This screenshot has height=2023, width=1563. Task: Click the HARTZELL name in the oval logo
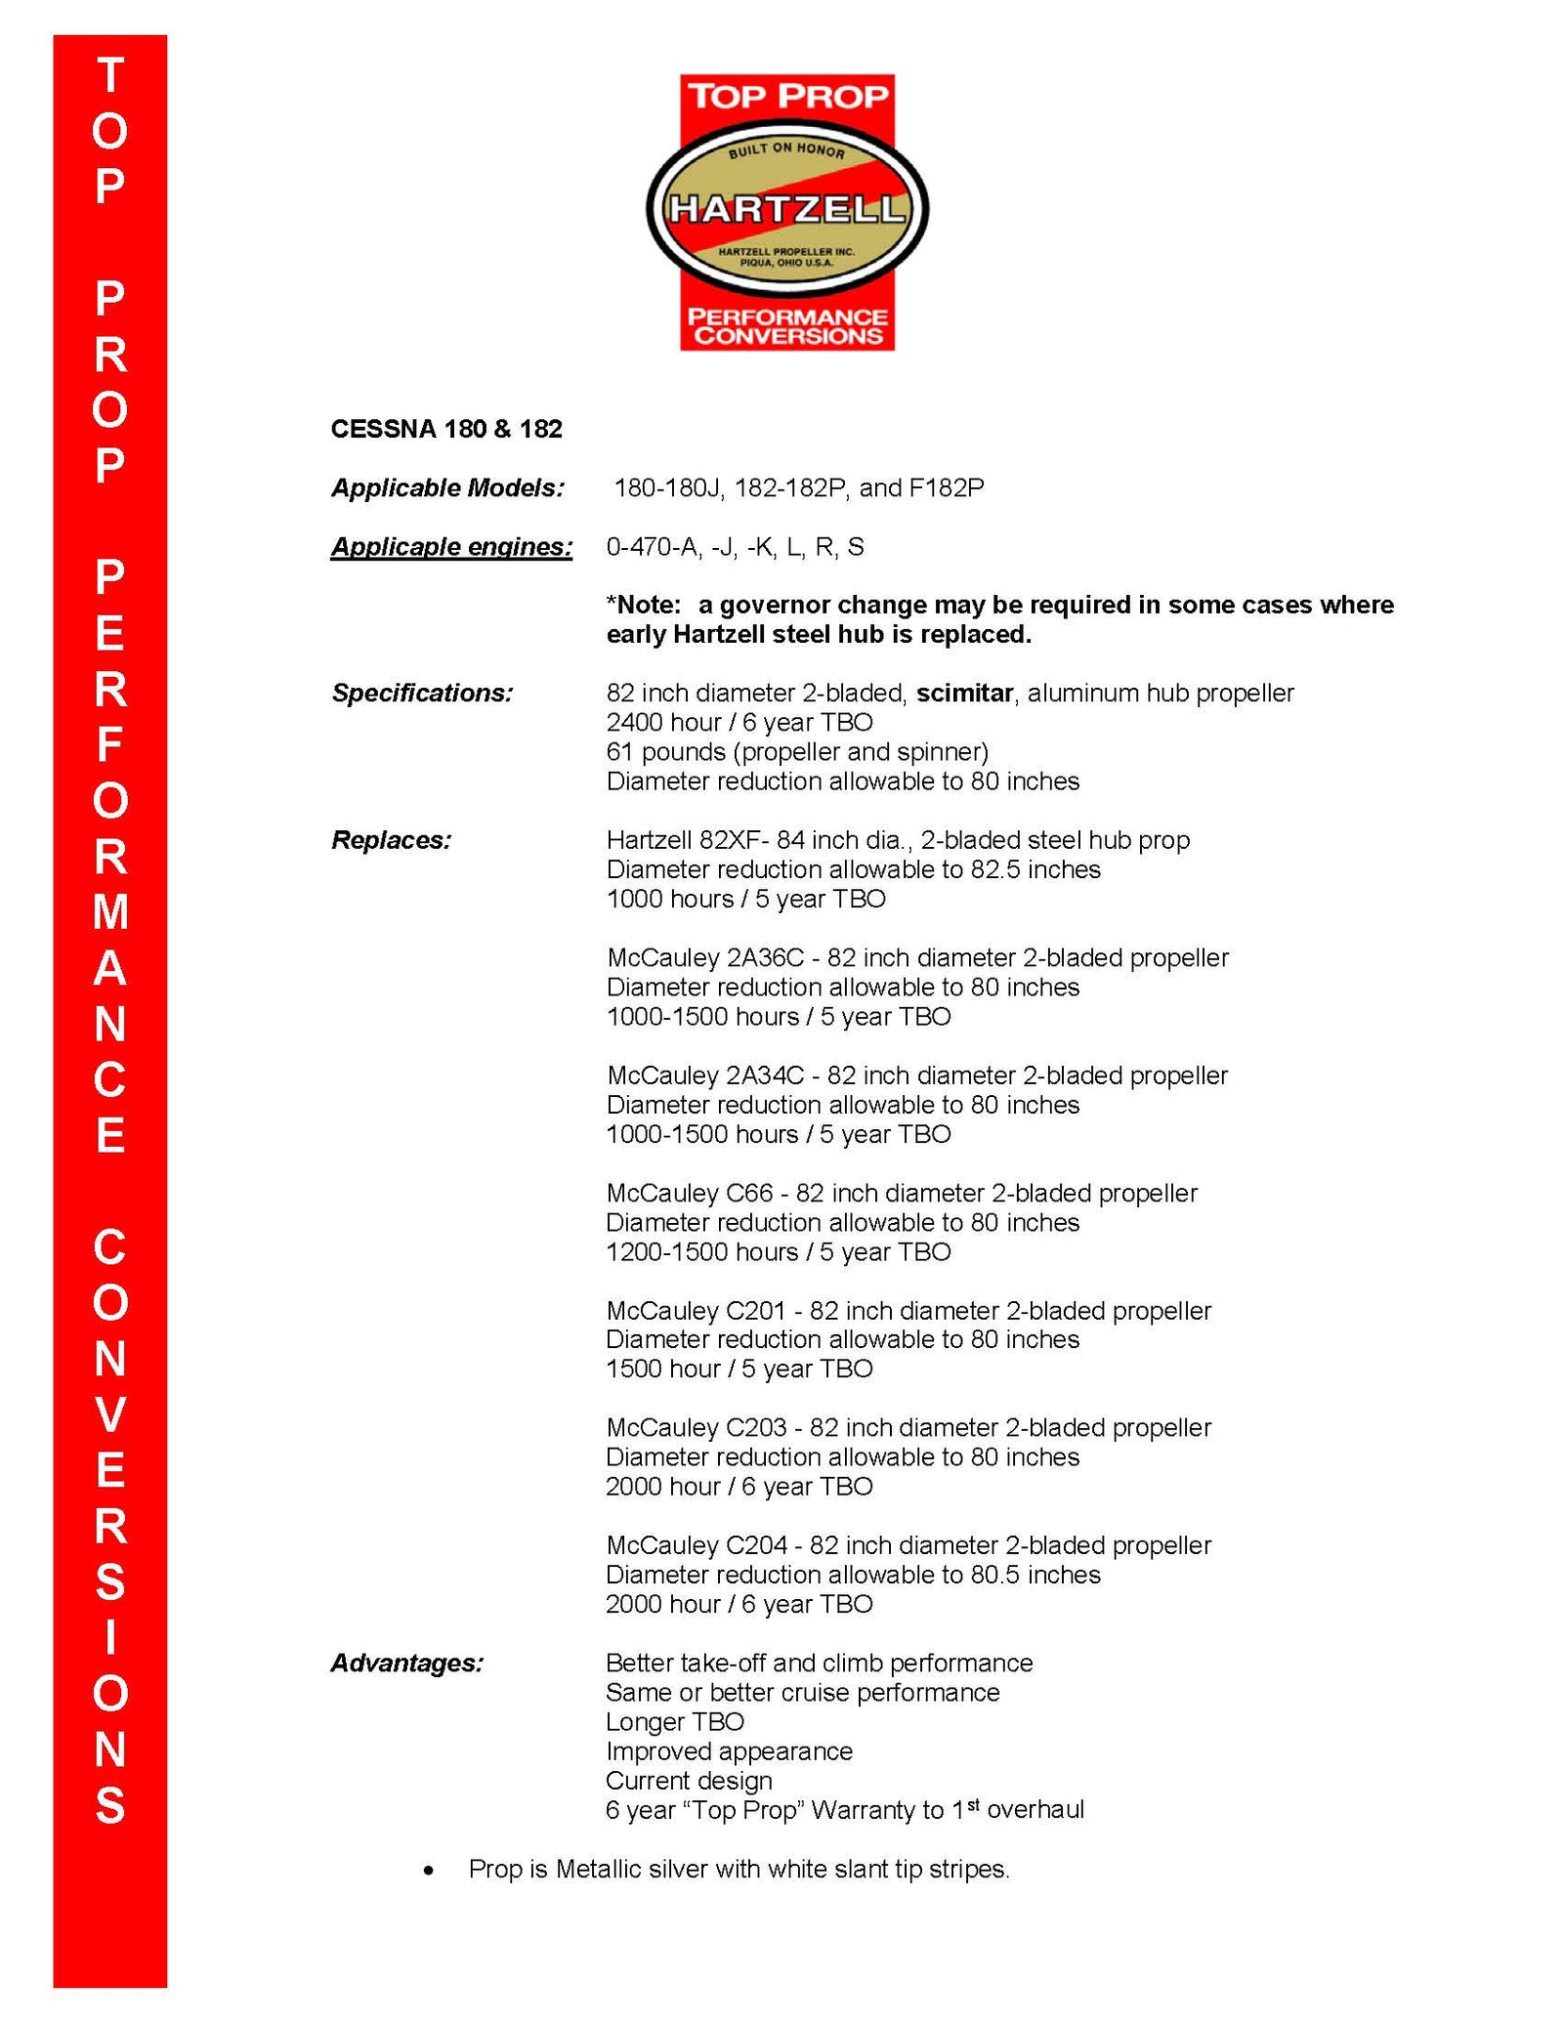786,209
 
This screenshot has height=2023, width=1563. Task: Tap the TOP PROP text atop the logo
787,97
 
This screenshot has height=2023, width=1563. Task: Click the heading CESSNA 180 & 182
446,430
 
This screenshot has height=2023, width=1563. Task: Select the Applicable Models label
447,488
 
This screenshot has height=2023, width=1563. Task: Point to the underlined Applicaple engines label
451,547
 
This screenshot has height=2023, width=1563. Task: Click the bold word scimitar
964,694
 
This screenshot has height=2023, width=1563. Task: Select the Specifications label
422,694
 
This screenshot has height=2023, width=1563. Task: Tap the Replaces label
391,840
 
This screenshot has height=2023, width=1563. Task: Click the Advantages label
406,1663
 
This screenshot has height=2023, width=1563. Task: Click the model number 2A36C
765,958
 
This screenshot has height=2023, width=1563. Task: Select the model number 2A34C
765,1075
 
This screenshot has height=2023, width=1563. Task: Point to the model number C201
756,1311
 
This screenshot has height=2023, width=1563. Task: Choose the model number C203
756,1428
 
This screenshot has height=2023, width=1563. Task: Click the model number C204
756,1545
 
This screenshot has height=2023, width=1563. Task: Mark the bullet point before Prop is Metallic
429,1871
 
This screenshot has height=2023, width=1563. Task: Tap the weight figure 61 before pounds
619,752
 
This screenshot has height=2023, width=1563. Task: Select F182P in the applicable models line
947,488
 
